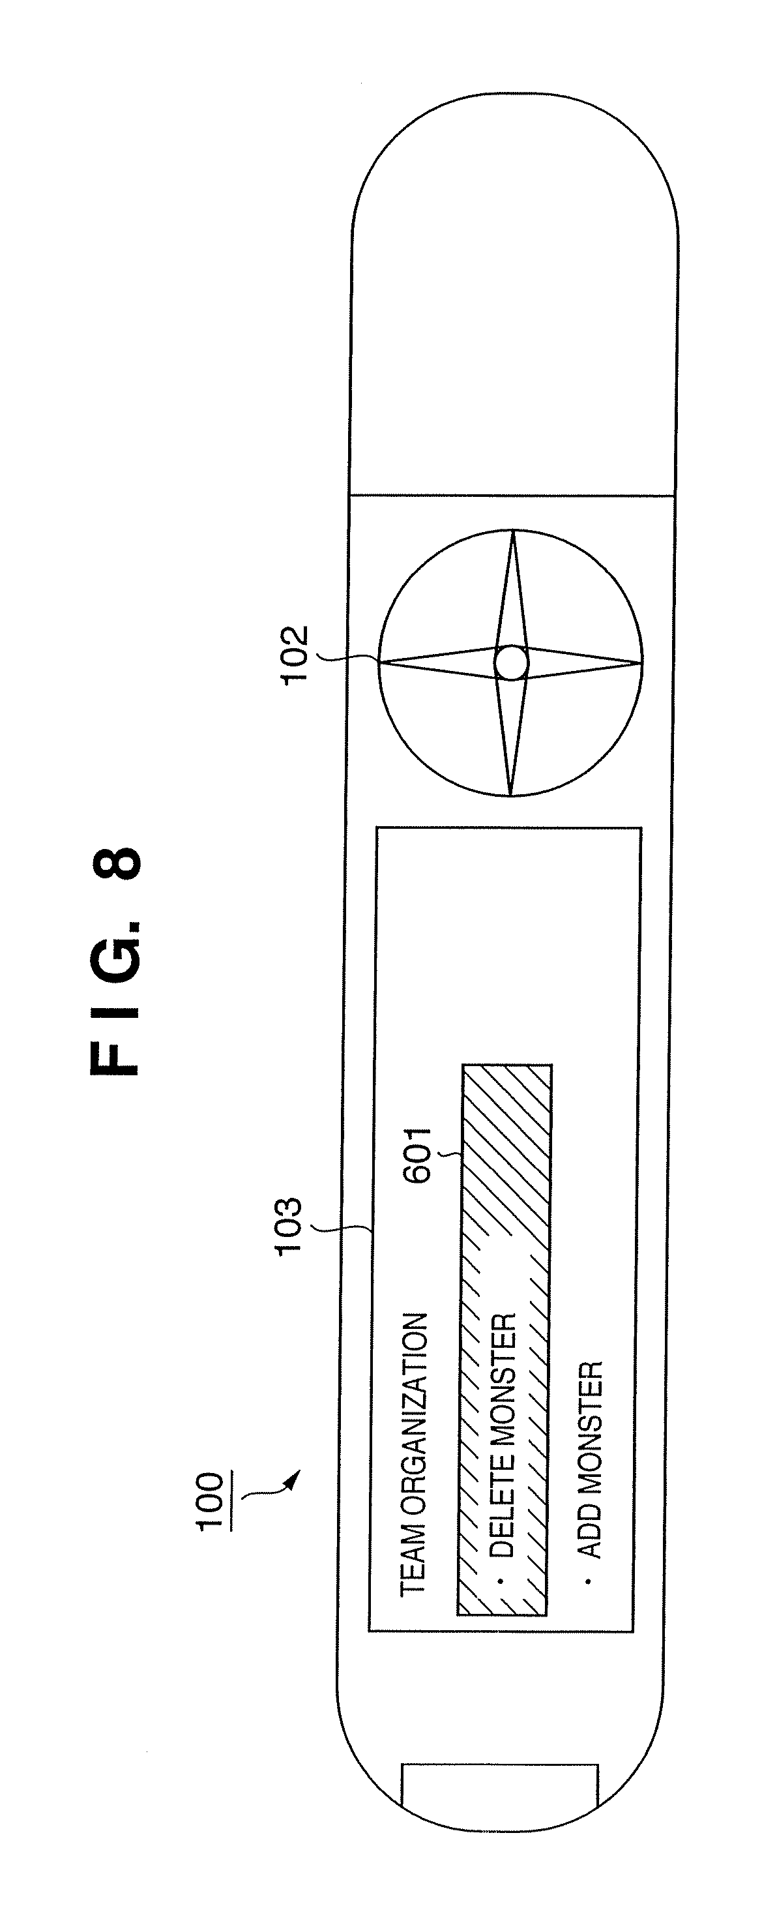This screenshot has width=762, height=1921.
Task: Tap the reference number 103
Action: [x=288, y=1227]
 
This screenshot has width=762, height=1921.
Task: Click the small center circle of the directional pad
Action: [x=512, y=663]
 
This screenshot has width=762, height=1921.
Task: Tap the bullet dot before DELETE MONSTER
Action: [x=501, y=1580]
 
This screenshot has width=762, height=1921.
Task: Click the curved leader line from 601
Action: [x=452, y=1155]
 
